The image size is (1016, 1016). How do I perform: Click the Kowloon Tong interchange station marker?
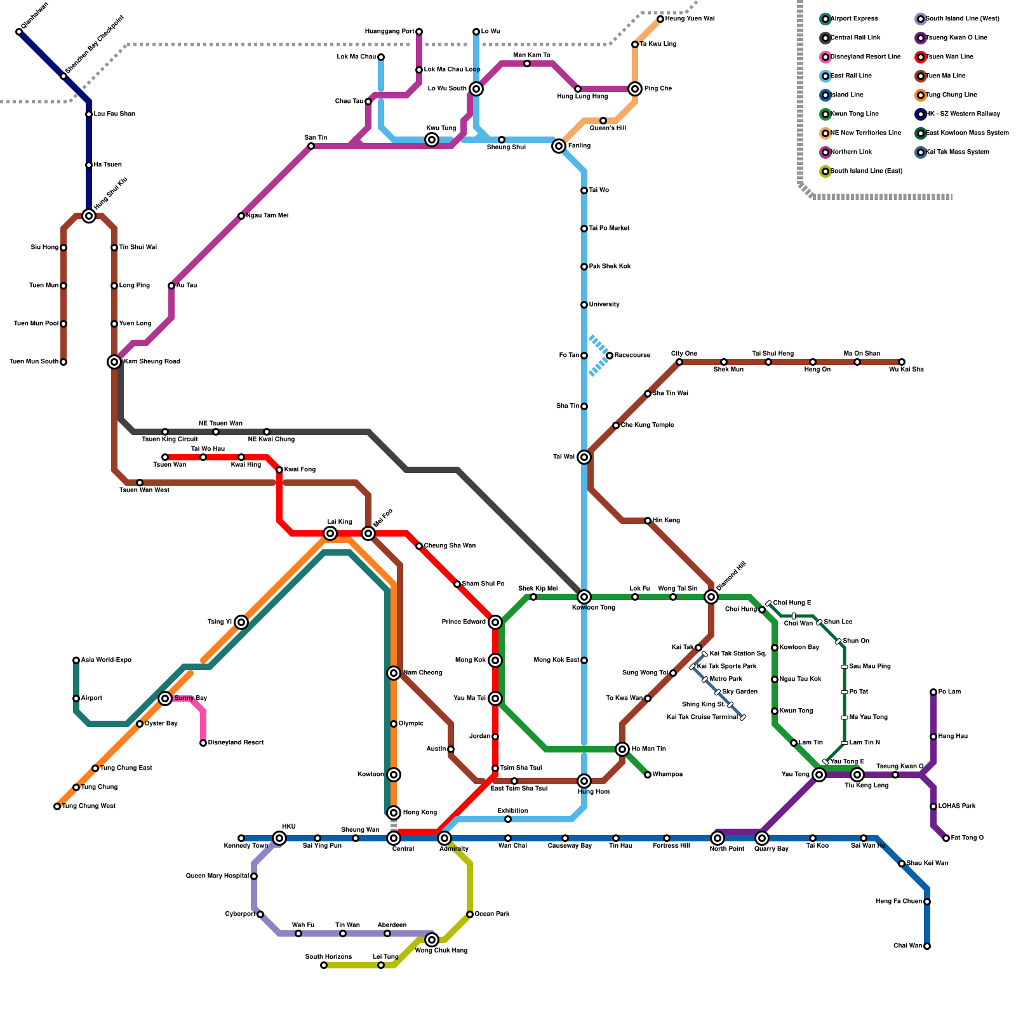tap(584, 597)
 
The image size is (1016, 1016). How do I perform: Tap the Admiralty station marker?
tap(444, 838)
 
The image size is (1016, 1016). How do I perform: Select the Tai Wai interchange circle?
tap(584, 457)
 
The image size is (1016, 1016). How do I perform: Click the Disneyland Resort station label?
tap(236, 743)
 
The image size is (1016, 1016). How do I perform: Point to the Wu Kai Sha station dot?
tap(902, 362)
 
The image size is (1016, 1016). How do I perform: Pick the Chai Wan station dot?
tap(927, 946)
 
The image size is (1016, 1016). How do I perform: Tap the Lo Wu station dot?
tap(476, 32)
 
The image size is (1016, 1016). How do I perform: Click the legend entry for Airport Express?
tap(854, 19)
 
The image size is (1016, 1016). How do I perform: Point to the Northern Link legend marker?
tap(825, 152)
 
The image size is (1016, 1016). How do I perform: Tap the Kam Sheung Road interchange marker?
tap(114, 362)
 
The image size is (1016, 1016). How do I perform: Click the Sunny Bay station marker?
tap(165, 698)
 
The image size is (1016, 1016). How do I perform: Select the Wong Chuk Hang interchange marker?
tap(432, 940)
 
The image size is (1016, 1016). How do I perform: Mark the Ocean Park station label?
tap(492, 914)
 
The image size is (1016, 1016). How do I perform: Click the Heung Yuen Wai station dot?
tap(660, 19)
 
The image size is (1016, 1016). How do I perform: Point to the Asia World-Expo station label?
tap(106, 660)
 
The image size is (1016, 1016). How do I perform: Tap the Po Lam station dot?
tap(933, 692)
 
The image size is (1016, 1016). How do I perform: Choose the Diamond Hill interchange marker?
tap(711, 597)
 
